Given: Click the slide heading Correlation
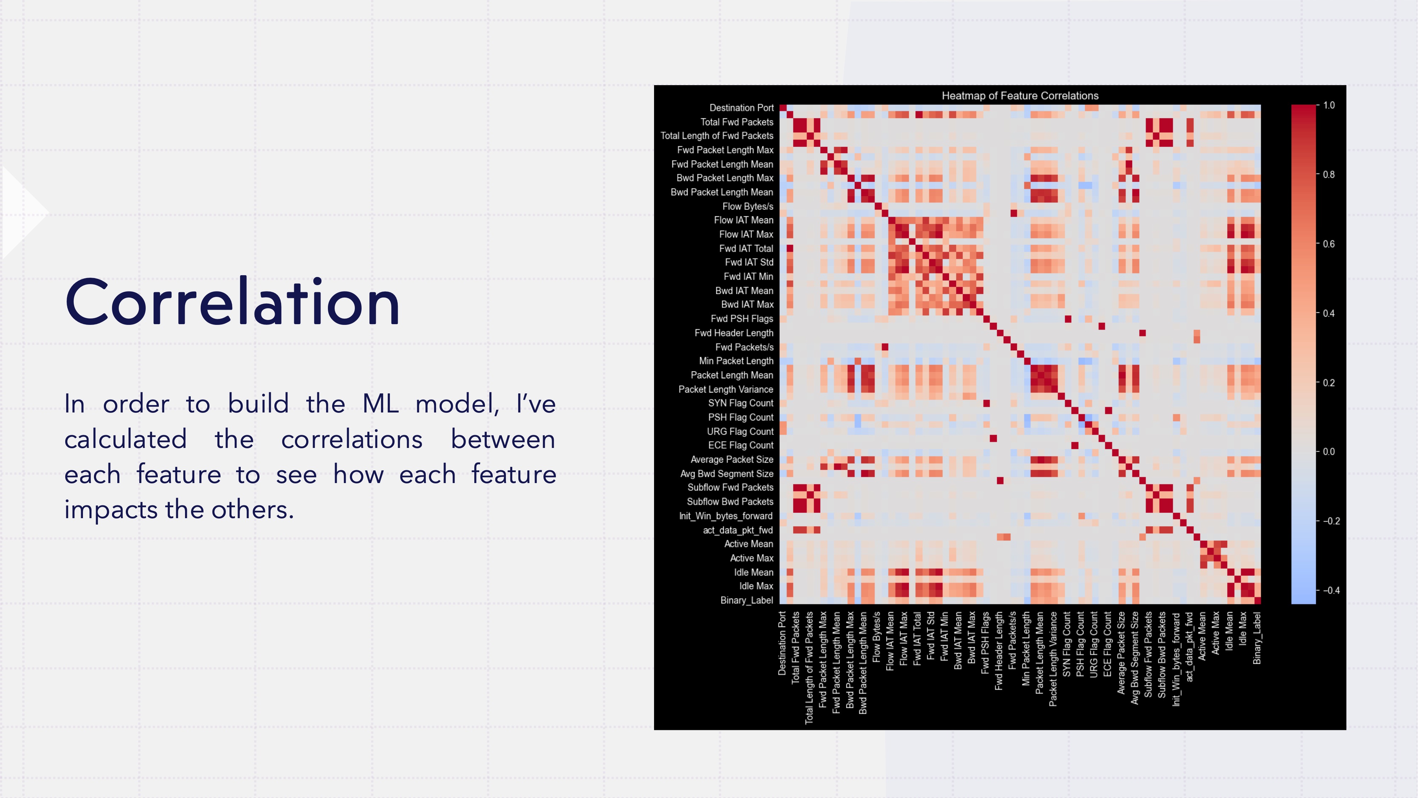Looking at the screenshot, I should pyautogui.click(x=232, y=303).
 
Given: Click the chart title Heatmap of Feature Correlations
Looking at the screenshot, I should pyautogui.click(x=1020, y=96).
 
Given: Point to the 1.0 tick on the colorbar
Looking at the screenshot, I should pyautogui.click(x=1329, y=105).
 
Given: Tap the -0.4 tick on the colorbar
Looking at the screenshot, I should pyautogui.click(x=1331, y=591).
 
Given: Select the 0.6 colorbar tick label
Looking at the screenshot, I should pyautogui.click(x=1329, y=244).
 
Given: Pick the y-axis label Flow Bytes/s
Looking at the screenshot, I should pyautogui.click(x=748, y=206).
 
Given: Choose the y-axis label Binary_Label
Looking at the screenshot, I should pyautogui.click(x=747, y=600).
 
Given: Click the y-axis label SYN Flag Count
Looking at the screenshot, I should pyautogui.click(x=741, y=403).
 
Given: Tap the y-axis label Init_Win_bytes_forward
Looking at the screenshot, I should pyautogui.click(x=726, y=516).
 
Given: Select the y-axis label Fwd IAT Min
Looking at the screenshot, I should pyautogui.click(x=748, y=277).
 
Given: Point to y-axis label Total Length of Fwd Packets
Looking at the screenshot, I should pyautogui.click(x=717, y=136).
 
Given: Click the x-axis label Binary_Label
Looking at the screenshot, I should pyautogui.click(x=1257, y=638).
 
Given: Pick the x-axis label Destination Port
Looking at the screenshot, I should pyautogui.click(x=782, y=644).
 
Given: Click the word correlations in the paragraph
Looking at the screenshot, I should pyautogui.click(x=352, y=439).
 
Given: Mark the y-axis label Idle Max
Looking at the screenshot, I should pyautogui.click(x=756, y=586).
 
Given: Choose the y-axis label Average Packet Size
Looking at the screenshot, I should pyautogui.click(x=732, y=459).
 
